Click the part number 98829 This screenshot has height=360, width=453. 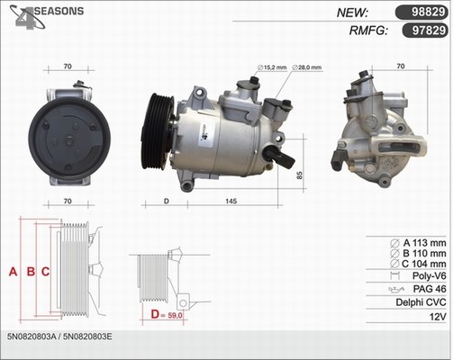[428, 13]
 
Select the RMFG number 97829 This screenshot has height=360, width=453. [429, 31]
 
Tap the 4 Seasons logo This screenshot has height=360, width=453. [47, 16]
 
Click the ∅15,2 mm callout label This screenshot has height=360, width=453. [272, 67]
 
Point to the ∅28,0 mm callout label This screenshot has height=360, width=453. [306, 67]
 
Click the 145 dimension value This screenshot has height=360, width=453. [231, 201]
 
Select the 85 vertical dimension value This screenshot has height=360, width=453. [300, 175]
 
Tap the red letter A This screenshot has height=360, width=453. [13, 272]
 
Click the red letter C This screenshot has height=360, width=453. [45, 272]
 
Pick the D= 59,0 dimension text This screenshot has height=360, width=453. [167, 315]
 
